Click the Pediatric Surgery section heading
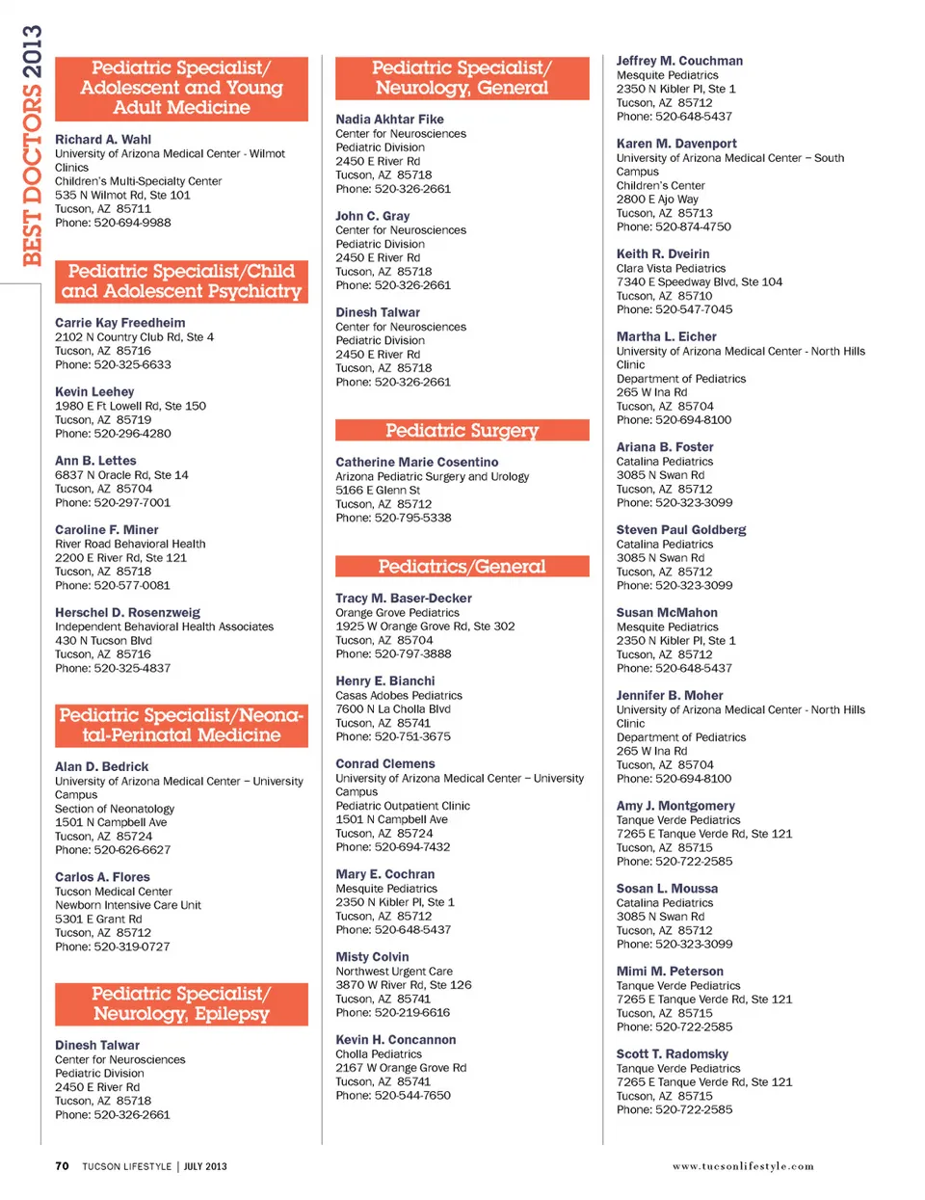click(462, 431)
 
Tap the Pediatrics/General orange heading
click(462, 567)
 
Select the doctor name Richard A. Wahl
click(103, 140)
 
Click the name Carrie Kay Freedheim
click(120, 323)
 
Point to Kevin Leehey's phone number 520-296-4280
click(132, 434)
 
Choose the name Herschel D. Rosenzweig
click(127, 613)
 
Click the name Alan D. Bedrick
click(101, 767)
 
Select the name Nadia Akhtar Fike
click(389, 120)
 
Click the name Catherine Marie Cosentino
click(417, 463)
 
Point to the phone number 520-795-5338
click(412, 518)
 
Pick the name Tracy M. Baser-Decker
click(404, 599)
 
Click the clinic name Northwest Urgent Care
click(394, 972)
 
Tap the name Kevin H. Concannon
click(396, 1040)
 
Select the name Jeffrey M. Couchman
click(679, 61)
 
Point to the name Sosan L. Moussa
click(667, 889)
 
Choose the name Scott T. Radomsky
click(673, 1054)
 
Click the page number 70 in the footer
click(62, 1166)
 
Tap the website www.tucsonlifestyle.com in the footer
click(743, 1166)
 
